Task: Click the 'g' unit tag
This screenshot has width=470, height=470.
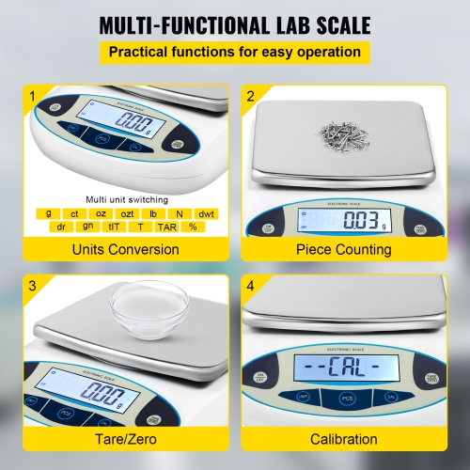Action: (x=48, y=213)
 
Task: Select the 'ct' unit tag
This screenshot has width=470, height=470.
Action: (x=74, y=213)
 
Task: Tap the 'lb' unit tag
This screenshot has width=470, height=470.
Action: (x=152, y=213)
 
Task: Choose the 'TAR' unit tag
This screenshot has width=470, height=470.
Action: (x=167, y=227)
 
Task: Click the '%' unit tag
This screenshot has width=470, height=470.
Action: (x=194, y=227)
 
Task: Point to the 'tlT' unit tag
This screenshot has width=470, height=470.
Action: (x=115, y=227)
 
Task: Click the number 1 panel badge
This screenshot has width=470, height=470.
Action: (x=33, y=95)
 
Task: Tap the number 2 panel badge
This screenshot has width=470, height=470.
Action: (x=251, y=95)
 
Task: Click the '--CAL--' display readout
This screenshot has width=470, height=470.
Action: (x=343, y=364)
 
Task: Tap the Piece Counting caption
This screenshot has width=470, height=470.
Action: (x=343, y=249)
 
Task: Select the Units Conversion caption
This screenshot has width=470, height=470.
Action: (x=126, y=249)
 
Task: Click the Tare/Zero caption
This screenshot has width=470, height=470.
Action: (x=126, y=439)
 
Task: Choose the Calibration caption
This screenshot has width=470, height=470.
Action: (x=343, y=439)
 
